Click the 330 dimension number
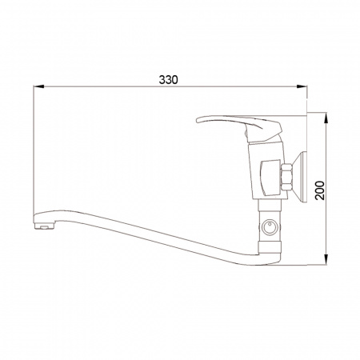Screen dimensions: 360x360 coord(168,80)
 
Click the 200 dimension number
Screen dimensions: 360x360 coord(320,190)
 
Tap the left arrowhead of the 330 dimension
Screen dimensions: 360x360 coord(38,86)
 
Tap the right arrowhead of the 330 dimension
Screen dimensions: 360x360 coord(302,86)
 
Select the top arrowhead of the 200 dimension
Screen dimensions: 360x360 coord(326,118)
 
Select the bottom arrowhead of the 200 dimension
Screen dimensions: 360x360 coord(326,260)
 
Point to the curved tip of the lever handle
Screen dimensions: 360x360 coord(198,121)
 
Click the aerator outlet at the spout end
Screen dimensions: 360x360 coord(44,226)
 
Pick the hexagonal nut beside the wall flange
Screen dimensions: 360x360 coord(286,178)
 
